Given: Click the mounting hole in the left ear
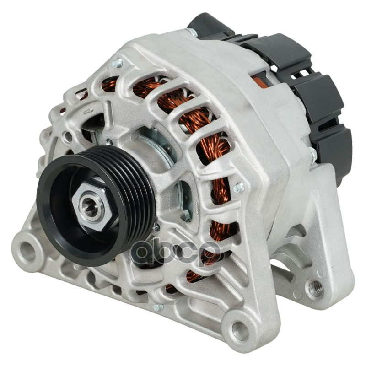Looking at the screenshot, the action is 27,249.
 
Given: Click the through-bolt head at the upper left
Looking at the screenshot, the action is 117,63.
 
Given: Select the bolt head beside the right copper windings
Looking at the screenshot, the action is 238,187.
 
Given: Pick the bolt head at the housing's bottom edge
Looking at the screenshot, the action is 158,307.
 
